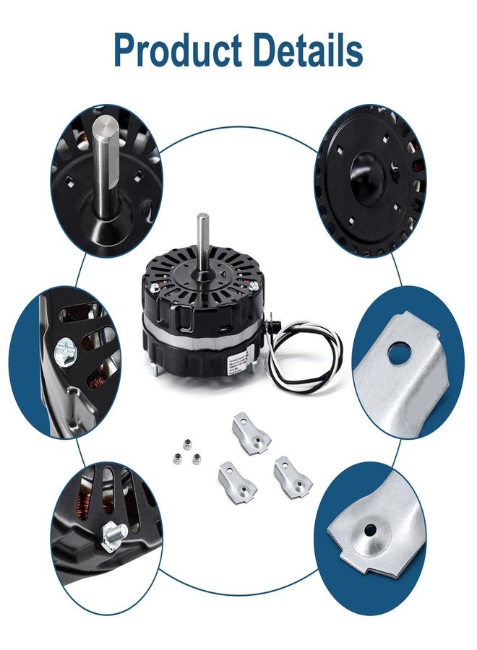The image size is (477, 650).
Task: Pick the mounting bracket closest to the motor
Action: pyautogui.click(x=250, y=433)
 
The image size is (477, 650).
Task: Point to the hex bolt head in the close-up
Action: pyautogui.click(x=113, y=535)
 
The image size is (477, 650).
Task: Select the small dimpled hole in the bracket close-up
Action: pyautogui.click(x=370, y=531)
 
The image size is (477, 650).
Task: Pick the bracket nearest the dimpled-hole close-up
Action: pyautogui.click(x=292, y=477)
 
